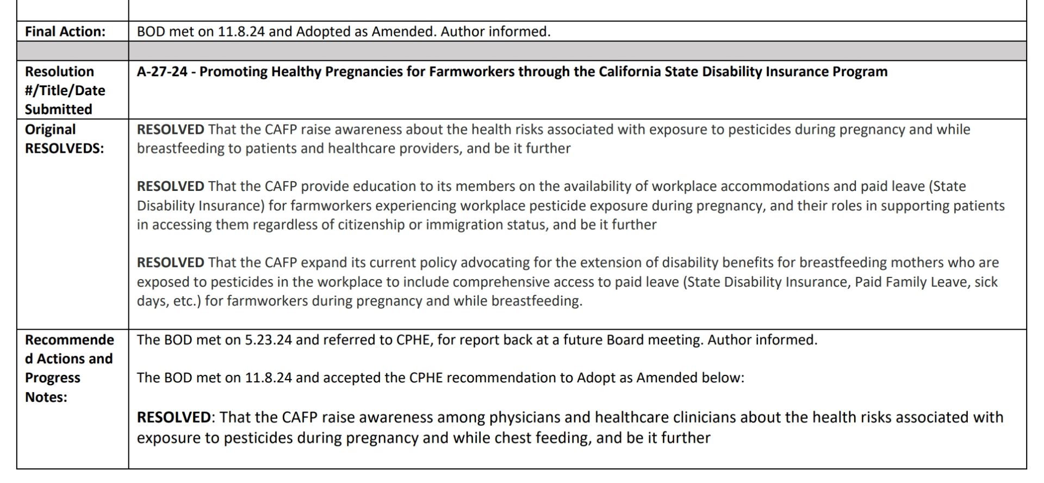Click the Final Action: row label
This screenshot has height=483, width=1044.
(x=65, y=32)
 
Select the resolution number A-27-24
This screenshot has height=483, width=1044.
(x=162, y=72)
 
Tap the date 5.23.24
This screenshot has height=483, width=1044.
(x=268, y=340)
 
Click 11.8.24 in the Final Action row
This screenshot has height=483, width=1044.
(x=241, y=32)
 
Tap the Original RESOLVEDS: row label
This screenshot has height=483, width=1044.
(x=64, y=139)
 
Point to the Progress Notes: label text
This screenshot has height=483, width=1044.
(x=53, y=387)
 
